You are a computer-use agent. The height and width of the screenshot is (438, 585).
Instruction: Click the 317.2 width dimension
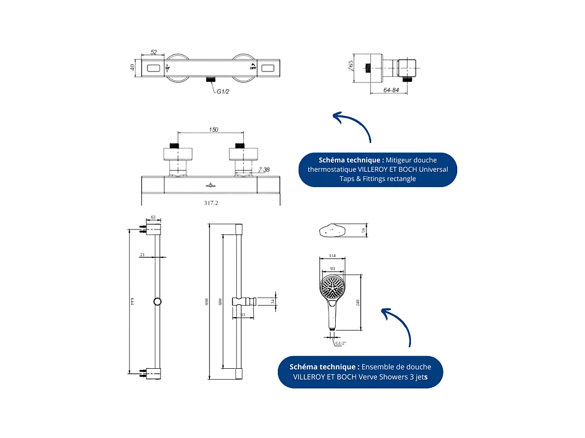(210, 202)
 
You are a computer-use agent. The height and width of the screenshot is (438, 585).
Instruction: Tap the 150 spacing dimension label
(213, 130)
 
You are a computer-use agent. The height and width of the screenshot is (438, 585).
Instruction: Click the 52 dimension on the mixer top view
(153, 52)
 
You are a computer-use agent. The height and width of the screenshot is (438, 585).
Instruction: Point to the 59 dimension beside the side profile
(364, 231)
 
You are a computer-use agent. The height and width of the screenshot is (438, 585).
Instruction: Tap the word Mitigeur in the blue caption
(400, 160)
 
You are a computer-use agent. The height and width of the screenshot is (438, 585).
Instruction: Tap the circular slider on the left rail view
(157, 301)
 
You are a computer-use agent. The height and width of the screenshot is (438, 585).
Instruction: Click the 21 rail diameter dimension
(142, 254)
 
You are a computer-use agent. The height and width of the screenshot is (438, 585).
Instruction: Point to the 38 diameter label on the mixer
(266, 170)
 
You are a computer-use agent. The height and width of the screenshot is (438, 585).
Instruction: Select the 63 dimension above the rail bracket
(153, 216)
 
